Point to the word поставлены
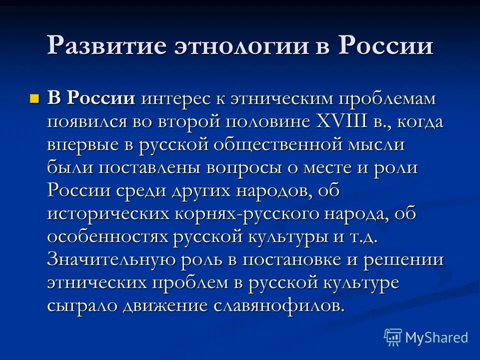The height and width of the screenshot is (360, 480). pyautogui.click(x=148, y=167)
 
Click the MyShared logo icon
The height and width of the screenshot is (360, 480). pyautogui.click(x=393, y=337)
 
